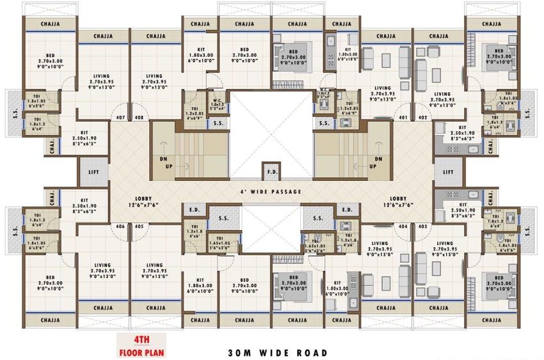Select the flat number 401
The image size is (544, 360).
(x=403, y=118)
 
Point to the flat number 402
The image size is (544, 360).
(x=422, y=118)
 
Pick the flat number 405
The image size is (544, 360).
(x=139, y=226)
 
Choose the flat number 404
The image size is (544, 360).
(x=403, y=226)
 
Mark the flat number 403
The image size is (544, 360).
(x=422, y=226)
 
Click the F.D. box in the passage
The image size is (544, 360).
(x=271, y=173)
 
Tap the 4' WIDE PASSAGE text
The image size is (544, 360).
(x=271, y=192)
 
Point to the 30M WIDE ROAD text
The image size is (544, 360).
(x=278, y=352)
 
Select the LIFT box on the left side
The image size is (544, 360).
(x=93, y=172)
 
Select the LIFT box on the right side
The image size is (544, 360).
(x=449, y=172)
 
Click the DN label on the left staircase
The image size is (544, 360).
(x=163, y=159)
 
